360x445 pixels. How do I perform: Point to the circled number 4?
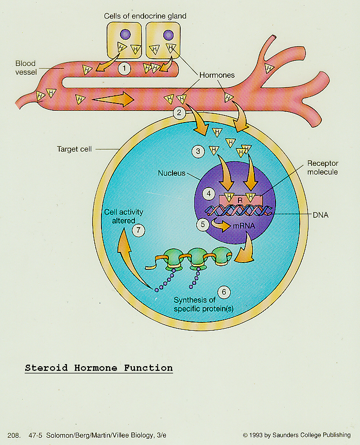[209, 194]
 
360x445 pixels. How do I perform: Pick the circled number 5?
[203, 225]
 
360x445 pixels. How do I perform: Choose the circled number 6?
[224, 292]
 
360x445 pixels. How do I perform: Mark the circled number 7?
[139, 230]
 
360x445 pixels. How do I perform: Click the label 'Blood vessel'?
[26, 68]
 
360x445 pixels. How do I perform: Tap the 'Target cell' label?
[74, 149]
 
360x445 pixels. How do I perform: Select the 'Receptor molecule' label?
[322, 167]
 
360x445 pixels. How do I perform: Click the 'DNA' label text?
[320, 215]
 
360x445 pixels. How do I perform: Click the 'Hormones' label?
[217, 75]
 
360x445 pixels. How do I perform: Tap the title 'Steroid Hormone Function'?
[99, 368]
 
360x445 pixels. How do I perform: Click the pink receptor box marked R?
[240, 199]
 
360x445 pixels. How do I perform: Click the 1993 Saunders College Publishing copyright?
[297, 435]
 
